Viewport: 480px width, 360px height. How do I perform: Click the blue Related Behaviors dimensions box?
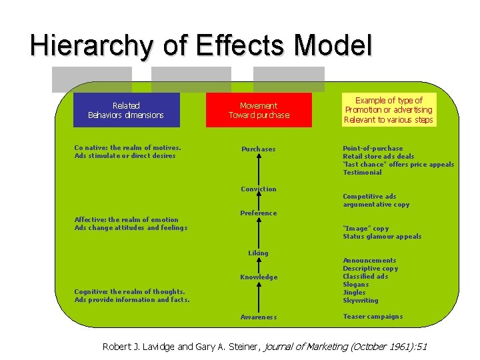click(x=126, y=110)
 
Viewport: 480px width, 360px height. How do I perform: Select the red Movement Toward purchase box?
click(x=259, y=110)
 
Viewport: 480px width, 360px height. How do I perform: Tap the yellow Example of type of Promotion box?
click(x=389, y=110)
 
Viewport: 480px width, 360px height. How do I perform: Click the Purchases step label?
click(x=259, y=149)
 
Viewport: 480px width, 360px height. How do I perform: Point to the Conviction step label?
click(x=259, y=189)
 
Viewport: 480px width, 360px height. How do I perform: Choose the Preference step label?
click(x=259, y=213)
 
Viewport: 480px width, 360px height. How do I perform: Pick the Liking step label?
click(x=259, y=253)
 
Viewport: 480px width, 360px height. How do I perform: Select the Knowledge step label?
click(x=259, y=277)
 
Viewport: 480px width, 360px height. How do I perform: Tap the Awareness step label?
click(x=259, y=317)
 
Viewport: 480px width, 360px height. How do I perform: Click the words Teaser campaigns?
click(x=373, y=317)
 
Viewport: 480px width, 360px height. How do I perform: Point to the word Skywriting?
click(x=361, y=301)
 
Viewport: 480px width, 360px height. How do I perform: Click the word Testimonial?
click(x=363, y=173)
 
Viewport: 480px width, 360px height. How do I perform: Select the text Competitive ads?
click(x=369, y=197)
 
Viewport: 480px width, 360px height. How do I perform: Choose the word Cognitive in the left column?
click(x=91, y=292)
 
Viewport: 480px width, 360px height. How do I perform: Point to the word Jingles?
click(x=354, y=293)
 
